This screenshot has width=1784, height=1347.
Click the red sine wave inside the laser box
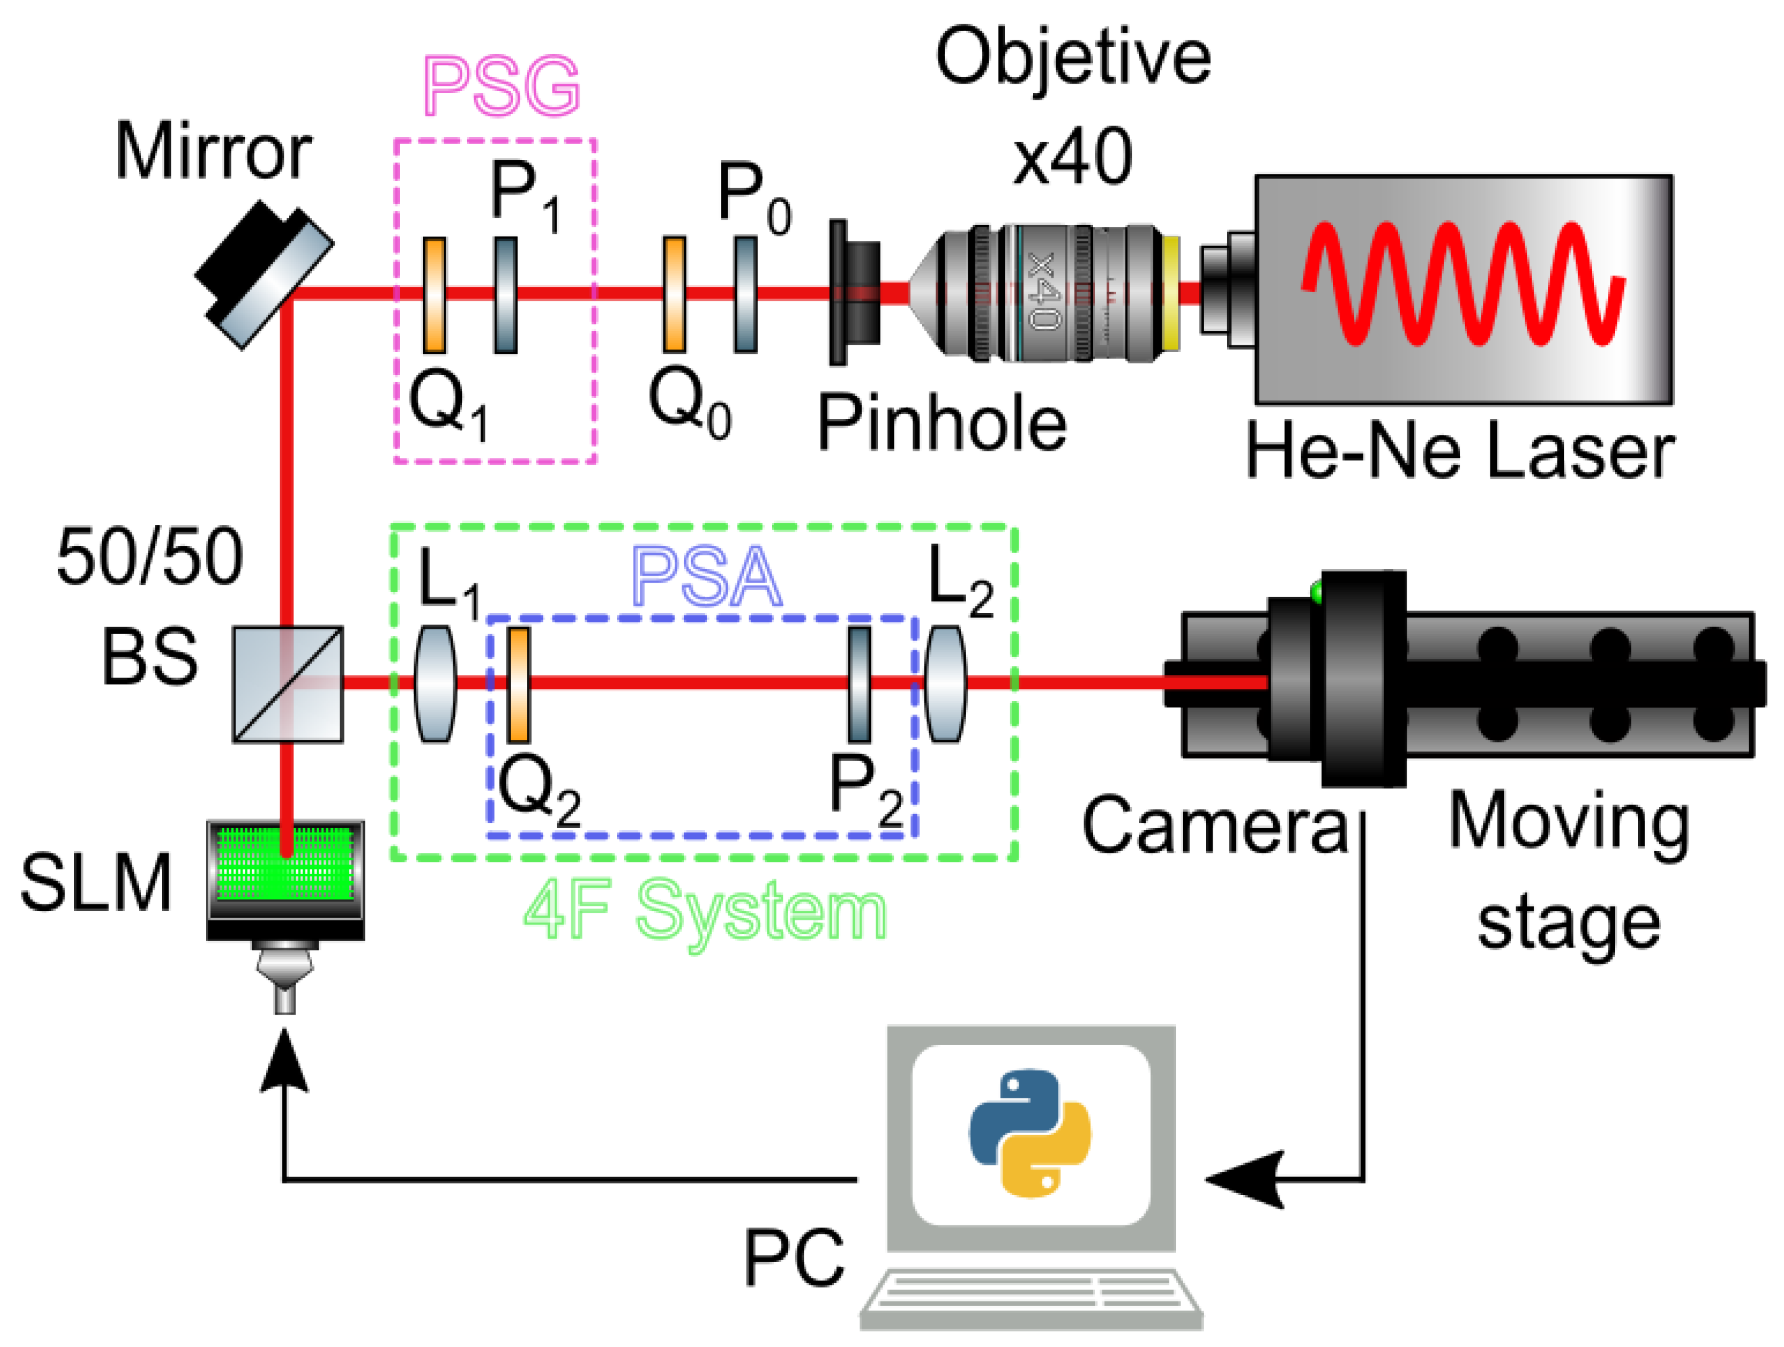coord(1461,284)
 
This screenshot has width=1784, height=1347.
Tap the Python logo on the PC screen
coord(1030,1134)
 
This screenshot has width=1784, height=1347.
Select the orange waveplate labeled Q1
coord(435,295)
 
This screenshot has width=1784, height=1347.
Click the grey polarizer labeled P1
coord(505,295)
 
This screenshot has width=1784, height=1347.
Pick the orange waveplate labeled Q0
coord(674,295)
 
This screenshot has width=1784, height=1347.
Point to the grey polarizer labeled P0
coord(745,295)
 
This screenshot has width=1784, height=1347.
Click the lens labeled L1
coord(435,684)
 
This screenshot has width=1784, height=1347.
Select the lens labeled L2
coord(945,684)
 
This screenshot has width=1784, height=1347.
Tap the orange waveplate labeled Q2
coord(518,684)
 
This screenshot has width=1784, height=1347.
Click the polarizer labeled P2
coord(860,684)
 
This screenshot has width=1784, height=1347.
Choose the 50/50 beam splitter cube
coord(288,684)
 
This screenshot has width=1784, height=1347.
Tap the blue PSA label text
coord(707,577)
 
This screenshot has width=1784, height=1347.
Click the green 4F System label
coord(705,911)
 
